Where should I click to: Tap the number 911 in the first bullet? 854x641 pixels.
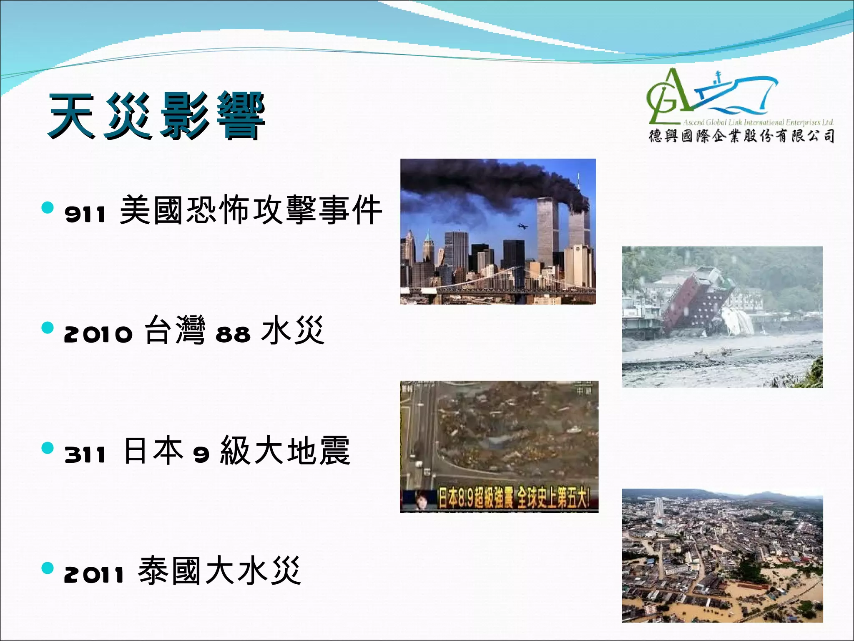pyautogui.click(x=85, y=214)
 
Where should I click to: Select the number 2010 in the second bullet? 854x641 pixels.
pyautogui.click(x=98, y=334)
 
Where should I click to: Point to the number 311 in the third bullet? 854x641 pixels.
pyautogui.click(x=85, y=454)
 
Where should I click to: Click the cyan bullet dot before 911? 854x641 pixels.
pyautogui.click(x=48, y=207)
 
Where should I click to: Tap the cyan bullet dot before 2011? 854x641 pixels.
pyautogui.click(x=48, y=568)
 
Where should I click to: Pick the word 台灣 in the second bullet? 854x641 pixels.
pyautogui.click(x=175, y=330)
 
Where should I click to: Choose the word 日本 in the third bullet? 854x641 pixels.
pyautogui.click(x=154, y=450)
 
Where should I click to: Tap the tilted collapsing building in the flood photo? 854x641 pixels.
pyautogui.click(x=696, y=300)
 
